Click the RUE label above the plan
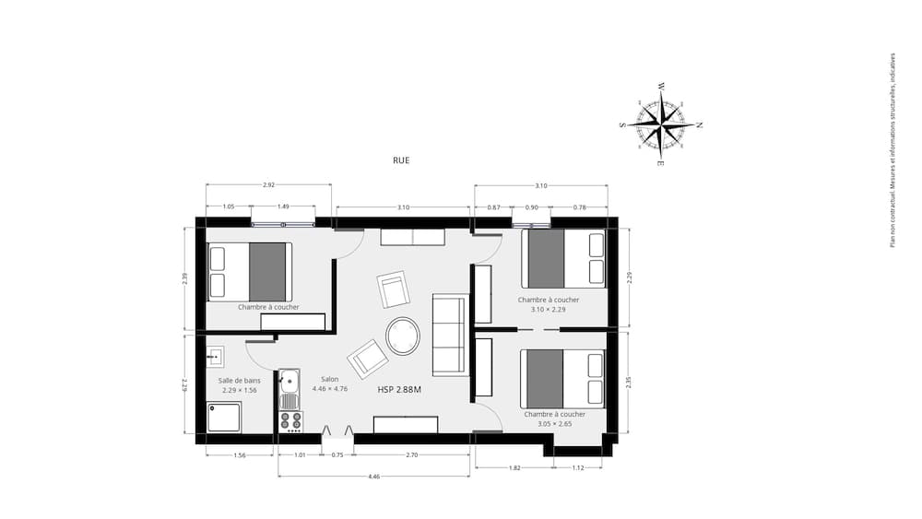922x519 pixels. (400, 160)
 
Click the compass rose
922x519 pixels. (661, 125)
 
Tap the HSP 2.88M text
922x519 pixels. (399, 390)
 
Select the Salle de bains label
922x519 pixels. (238, 380)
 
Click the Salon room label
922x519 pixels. (329, 379)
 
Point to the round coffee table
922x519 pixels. (403, 336)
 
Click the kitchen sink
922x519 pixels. (290, 381)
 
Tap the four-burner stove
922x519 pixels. (290, 421)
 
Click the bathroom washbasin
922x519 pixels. (216, 356)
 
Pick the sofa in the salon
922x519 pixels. (450, 334)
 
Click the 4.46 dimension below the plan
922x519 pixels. (373, 477)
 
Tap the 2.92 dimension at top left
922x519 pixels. (268, 185)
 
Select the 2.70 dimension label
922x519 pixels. (412, 454)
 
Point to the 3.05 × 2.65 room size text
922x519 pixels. (554, 424)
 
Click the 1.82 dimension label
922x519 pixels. (514, 468)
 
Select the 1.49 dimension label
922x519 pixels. (284, 207)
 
